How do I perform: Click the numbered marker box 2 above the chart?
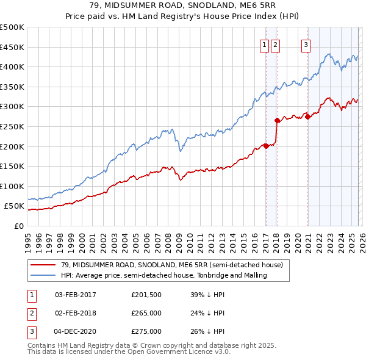pyautogui.click(x=276, y=44)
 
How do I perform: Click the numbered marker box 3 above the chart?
pyautogui.click(x=306, y=44)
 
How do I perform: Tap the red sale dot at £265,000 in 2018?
pyautogui.click(x=277, y=120)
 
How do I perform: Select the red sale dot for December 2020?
pyautogui.click(x=307, y=117)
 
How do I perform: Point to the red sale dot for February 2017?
pyautogui.click(x=266, y=146)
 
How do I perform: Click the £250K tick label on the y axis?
pyautogui.click(x=12, y=126)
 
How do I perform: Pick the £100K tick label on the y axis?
pyautogui.click(x=12, y=186)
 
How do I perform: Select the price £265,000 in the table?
pyautogui.click(x=146, y=313)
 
